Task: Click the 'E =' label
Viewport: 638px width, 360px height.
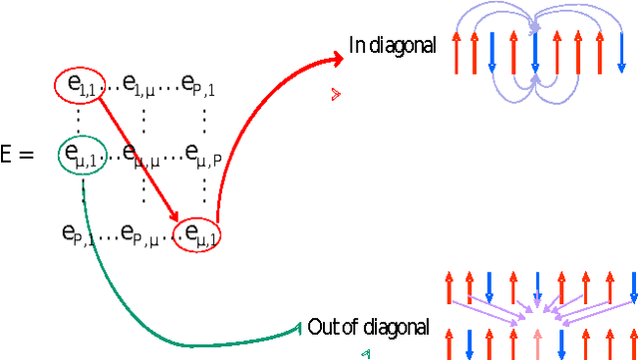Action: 18,155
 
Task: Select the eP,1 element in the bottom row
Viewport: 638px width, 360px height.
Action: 79,233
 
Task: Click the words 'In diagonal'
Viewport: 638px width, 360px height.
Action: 392,45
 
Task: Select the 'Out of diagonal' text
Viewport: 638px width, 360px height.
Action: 368,327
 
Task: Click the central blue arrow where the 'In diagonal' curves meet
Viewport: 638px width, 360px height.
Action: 535,55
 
